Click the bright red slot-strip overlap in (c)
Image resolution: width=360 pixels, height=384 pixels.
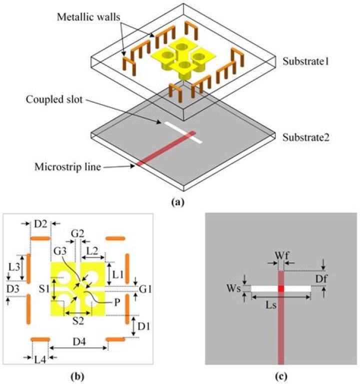(281, 288)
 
